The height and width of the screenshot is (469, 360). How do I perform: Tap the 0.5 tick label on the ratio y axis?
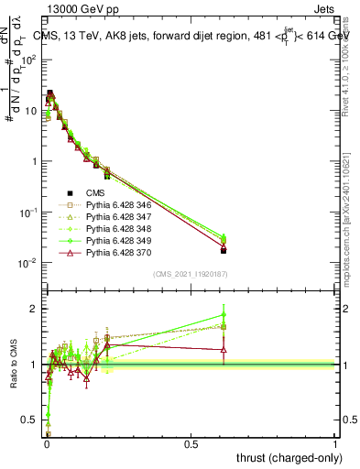31,420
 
